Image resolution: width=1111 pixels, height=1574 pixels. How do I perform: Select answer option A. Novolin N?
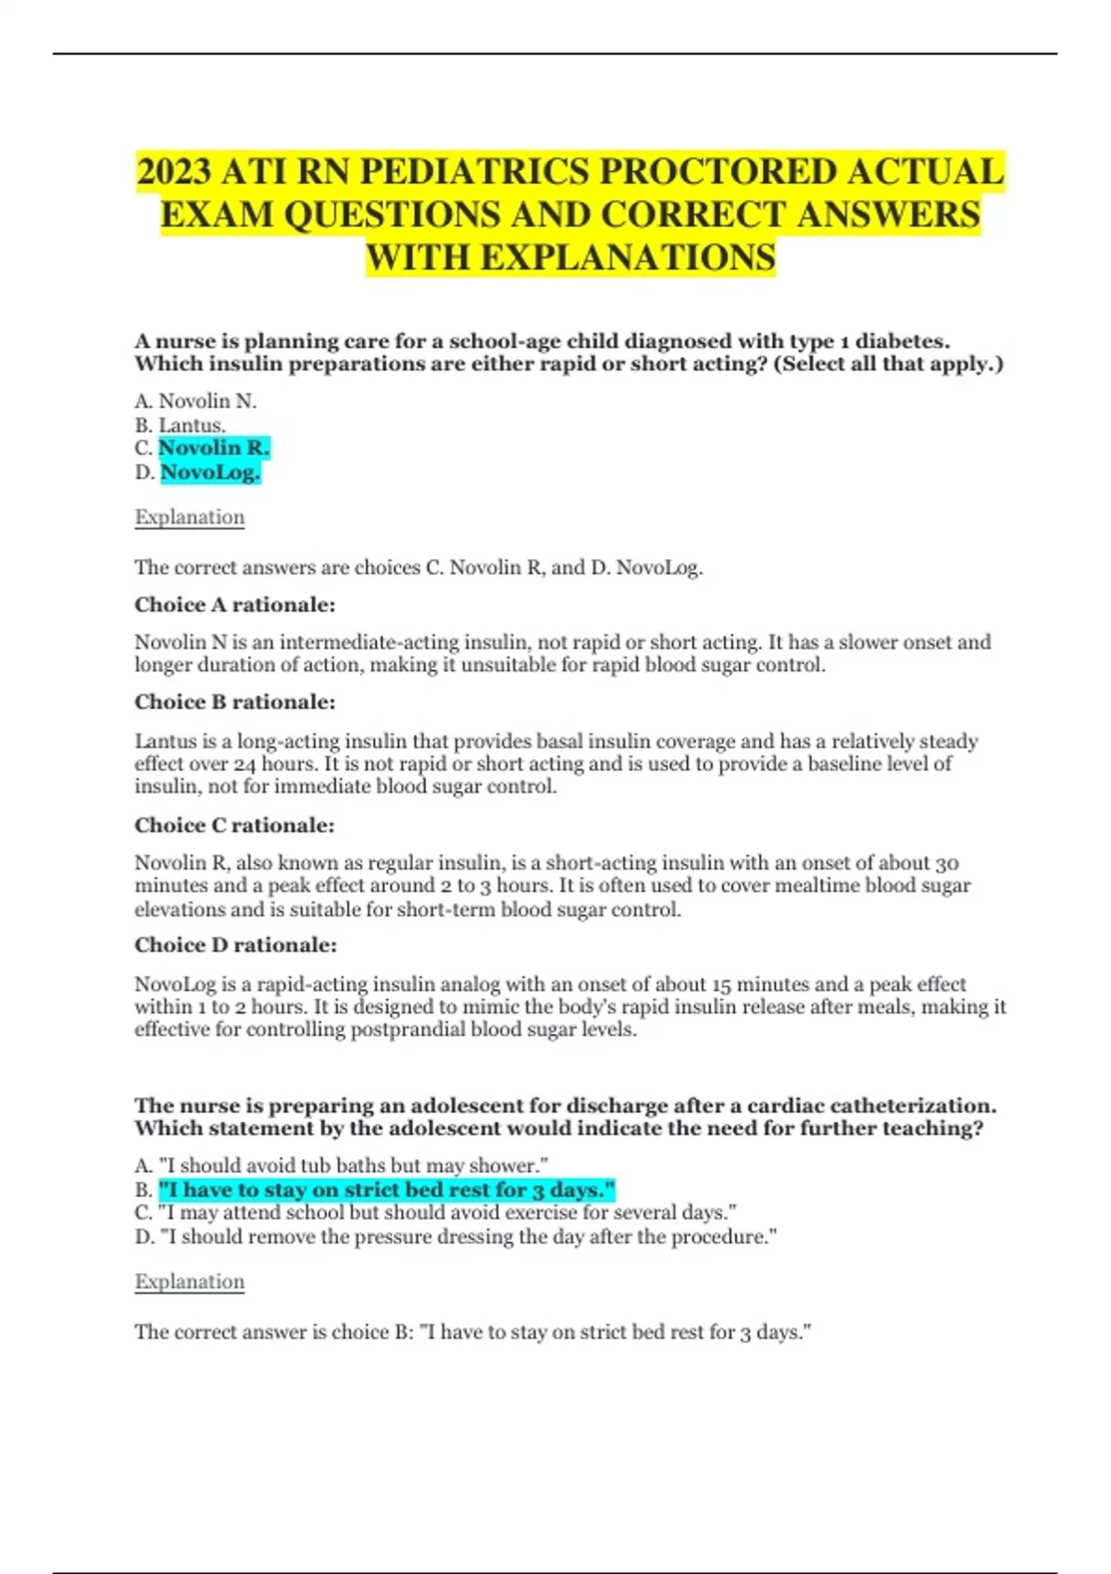tap(195, 401)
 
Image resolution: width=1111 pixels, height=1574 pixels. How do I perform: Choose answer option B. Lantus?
tap(181, 425)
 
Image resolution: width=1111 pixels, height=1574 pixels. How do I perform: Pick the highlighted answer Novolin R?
tap(214, 448)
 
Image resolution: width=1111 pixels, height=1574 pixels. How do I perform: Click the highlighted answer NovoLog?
tap(210, 472)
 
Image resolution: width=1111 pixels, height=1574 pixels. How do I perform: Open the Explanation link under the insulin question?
tap(190, 518)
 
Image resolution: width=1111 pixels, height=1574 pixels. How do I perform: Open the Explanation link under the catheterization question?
tap(190, 1282)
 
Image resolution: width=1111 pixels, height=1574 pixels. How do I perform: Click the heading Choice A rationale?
tap(235, 606)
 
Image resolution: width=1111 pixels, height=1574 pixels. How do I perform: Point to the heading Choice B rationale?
tap(235, 703)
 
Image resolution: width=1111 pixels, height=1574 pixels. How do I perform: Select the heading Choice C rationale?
tap(235, 826)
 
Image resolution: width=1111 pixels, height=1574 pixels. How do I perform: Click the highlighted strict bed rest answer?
tap(387, 1190)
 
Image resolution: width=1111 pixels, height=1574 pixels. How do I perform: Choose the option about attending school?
tap(436, 1213)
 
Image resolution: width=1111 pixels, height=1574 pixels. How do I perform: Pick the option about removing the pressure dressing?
tap(456, 1237)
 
